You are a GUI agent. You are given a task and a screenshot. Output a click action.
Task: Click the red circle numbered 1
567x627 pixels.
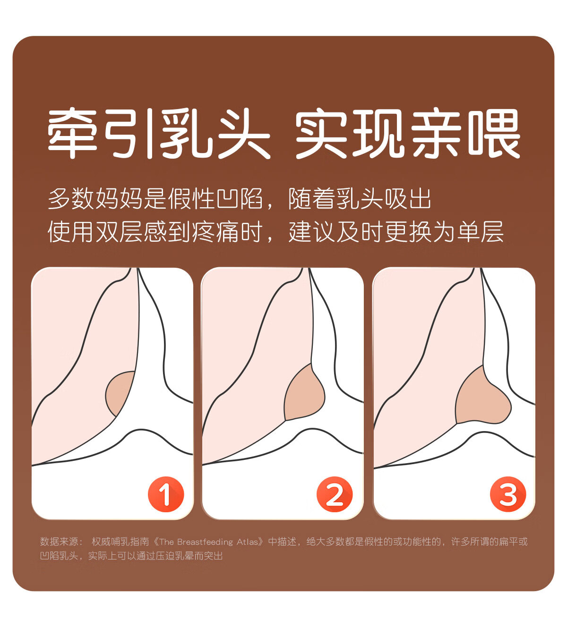165,494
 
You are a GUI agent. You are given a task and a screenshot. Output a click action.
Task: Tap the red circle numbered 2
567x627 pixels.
335,494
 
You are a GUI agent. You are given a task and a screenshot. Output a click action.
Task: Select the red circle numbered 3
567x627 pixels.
507,494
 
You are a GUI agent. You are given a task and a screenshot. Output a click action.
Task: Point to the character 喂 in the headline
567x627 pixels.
494,133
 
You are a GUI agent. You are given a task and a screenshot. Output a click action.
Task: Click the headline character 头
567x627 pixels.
242,133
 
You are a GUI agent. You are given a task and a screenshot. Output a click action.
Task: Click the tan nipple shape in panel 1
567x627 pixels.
119,392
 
